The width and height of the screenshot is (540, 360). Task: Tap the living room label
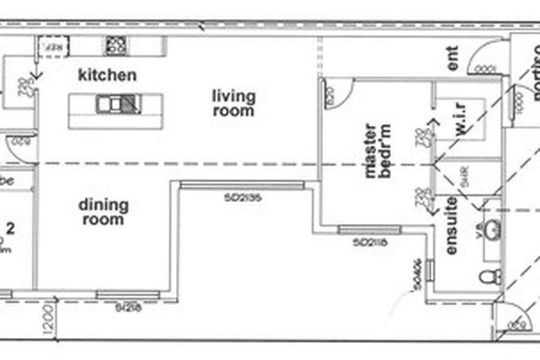click(234, 103)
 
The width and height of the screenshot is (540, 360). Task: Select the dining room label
click(102, 212)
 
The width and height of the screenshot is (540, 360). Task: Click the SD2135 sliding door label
click(242, 196)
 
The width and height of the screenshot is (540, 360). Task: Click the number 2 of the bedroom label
click(11, 227)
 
